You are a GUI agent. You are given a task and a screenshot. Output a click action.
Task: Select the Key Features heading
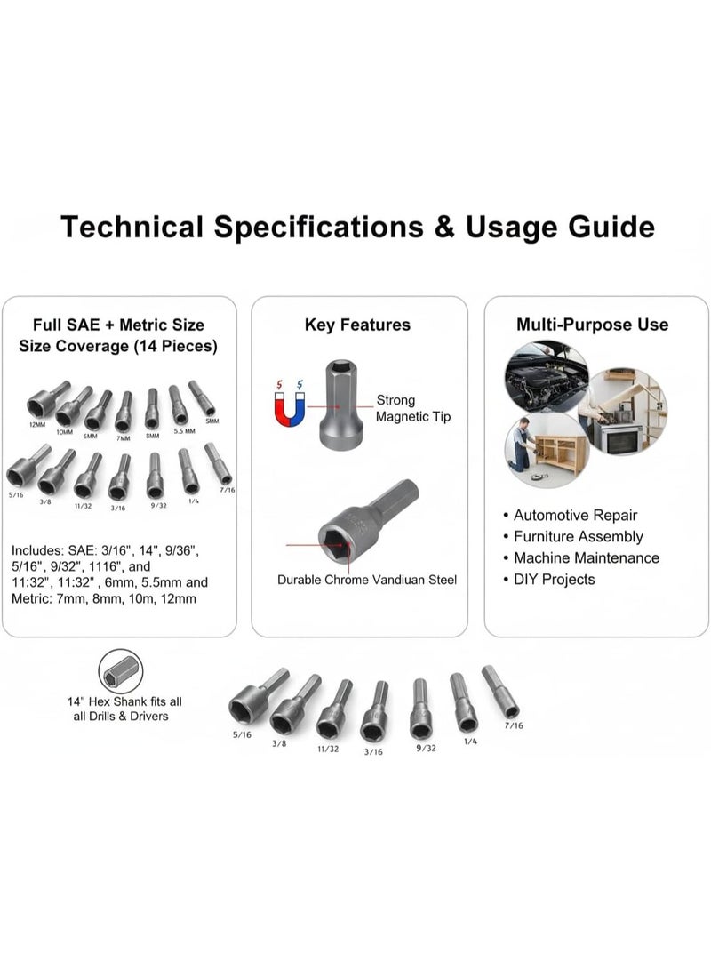tap(357, 325)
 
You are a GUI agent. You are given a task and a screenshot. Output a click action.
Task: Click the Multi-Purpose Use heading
tap(593, 325)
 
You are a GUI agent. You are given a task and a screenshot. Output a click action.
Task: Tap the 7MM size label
tap(124, 437)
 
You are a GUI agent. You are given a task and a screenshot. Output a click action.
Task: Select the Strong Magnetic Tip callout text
tap(407, 408)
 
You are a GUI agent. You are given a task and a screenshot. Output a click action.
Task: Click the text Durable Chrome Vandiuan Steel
tap(367, 580)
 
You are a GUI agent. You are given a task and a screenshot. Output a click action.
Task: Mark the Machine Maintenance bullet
tap(587, 558)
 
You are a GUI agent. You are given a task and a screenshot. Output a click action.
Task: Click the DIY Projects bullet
tap(554, 580)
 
